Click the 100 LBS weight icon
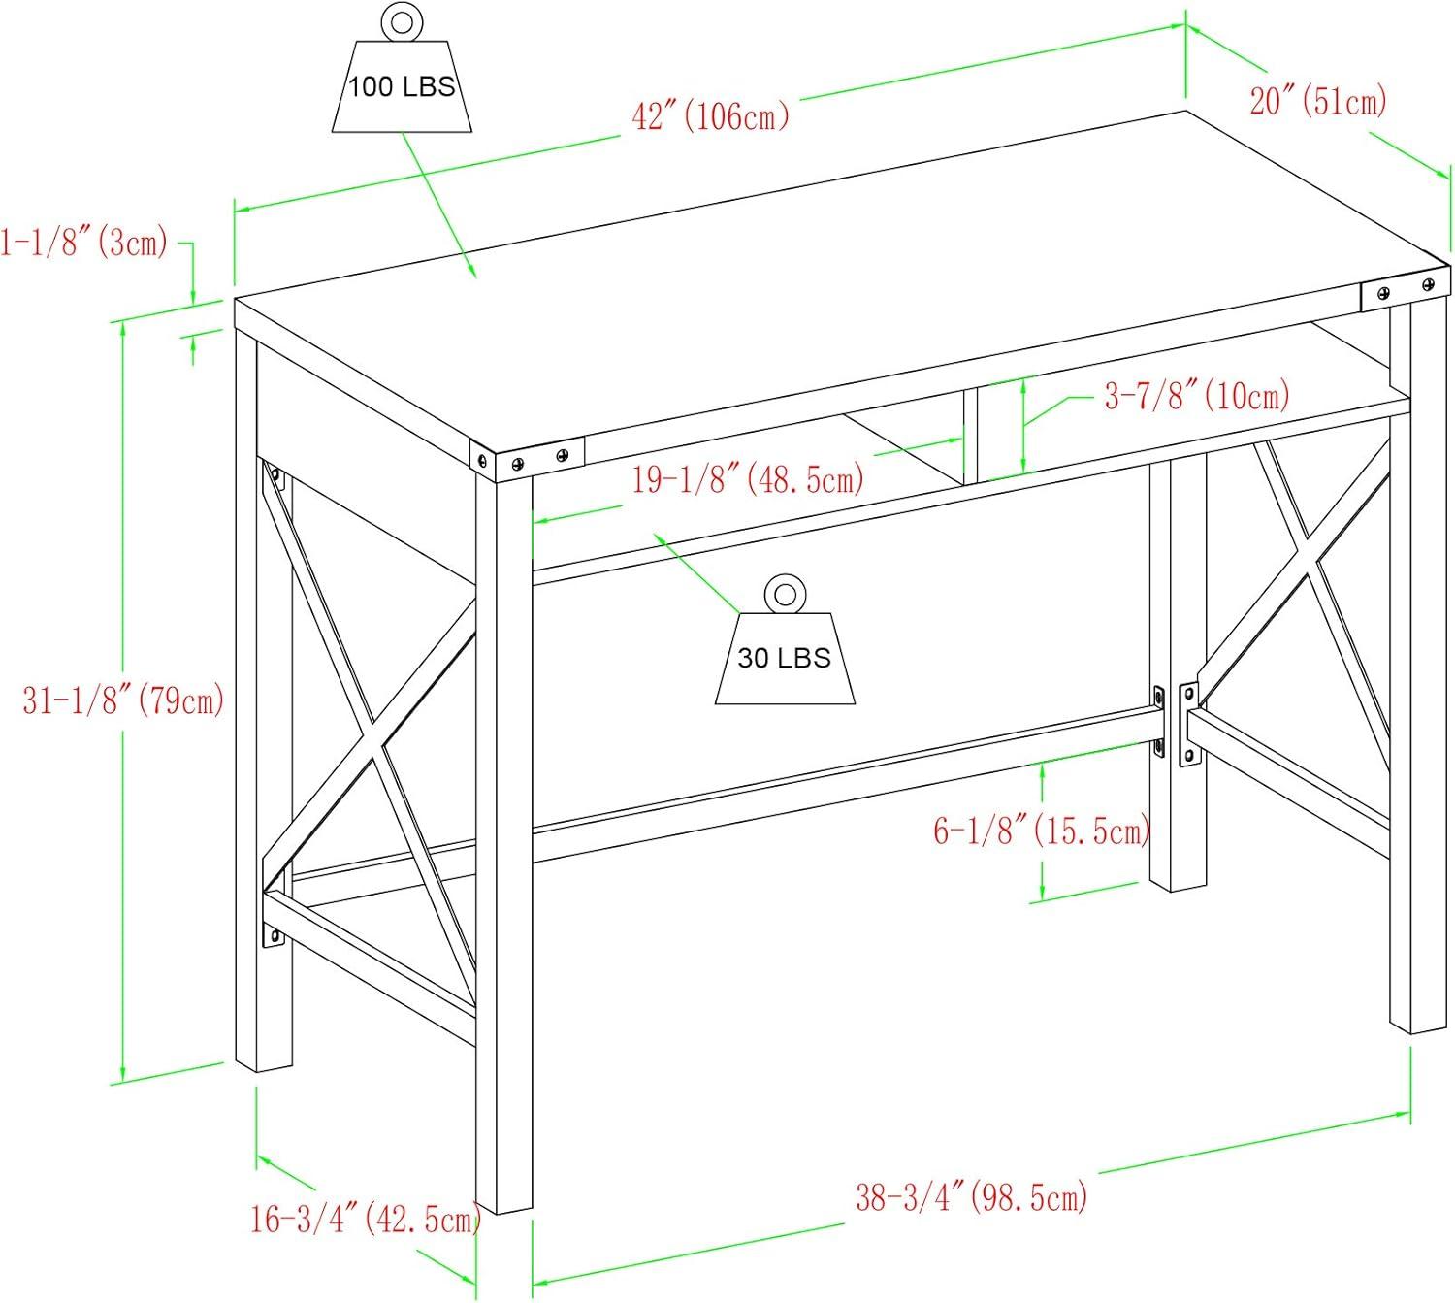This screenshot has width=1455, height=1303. pos(402,68)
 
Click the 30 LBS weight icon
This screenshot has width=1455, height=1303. pos(785,638)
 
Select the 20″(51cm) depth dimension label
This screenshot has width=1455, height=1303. pos(1318,101)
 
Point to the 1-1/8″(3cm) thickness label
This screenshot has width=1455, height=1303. pos(84,242)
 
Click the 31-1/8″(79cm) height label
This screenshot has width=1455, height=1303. pos(123,700)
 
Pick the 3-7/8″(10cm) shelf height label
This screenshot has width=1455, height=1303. pos(1197,395)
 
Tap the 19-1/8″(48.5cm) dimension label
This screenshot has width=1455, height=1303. pos(748,479)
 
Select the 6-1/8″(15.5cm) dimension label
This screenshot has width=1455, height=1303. pos(1042,831)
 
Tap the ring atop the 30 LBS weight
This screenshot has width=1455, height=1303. pos(785,594)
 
